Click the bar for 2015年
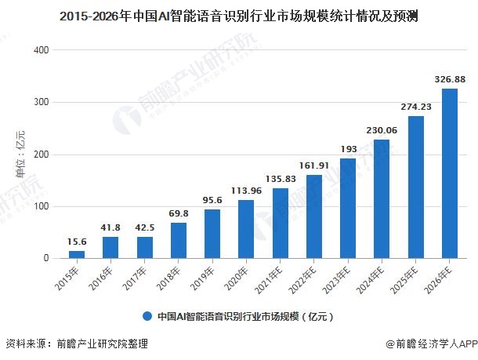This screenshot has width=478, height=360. pos(77,254)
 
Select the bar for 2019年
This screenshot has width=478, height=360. pos(212,234)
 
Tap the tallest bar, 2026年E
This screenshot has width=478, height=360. pos(450,173)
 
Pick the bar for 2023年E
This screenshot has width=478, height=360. pos(348,209)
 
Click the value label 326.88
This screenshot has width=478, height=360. pos(450,79)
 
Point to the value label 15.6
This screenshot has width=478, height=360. pos(77,242)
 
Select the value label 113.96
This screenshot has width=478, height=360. pos(246,190)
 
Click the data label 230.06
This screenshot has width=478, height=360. pos(382,130)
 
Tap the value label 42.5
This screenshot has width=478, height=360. pos(144,227)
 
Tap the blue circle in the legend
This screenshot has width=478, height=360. pos(147,317)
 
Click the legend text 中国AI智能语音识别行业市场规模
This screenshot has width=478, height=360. pos(244,318)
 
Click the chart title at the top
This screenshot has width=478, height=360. pos(238,16)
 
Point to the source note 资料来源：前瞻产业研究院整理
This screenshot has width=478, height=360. pos(76,344)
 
